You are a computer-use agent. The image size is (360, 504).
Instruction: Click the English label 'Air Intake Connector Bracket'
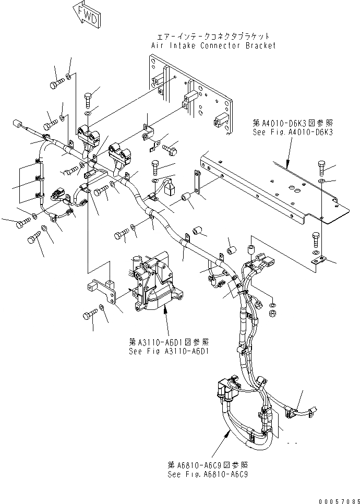click(x=213, y=45)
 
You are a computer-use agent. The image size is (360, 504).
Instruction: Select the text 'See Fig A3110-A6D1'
click(x=169, y=351)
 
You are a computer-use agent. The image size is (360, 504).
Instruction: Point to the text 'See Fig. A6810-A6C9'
click(x=208, y=474)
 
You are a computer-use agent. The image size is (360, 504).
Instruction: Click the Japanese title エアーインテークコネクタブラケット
click(x=213, y=37)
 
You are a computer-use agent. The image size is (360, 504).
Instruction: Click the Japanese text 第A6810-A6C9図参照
click(x=208, y=465)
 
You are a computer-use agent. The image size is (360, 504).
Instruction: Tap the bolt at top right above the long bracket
click(x=321, y=168)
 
